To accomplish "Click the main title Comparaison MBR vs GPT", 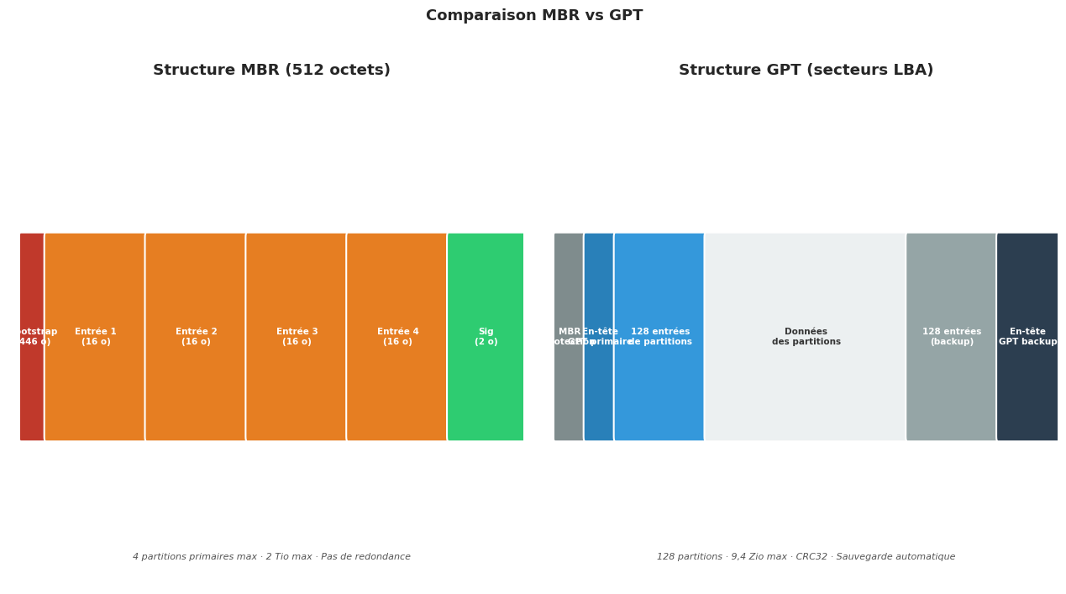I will pos(533,16).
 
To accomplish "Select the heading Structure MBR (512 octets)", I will pos(271,71).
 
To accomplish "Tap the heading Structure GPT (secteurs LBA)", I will pos(806,71).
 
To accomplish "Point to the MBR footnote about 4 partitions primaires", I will pos(271,557).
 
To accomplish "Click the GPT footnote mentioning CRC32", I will pos(806,557).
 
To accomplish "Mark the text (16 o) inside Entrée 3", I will pos(297,342).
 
